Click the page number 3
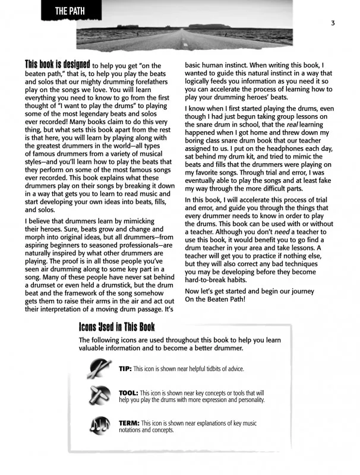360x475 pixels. point(333,23)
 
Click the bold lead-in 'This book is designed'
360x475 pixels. point(57,64)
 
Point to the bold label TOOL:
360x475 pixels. point(128,393)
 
